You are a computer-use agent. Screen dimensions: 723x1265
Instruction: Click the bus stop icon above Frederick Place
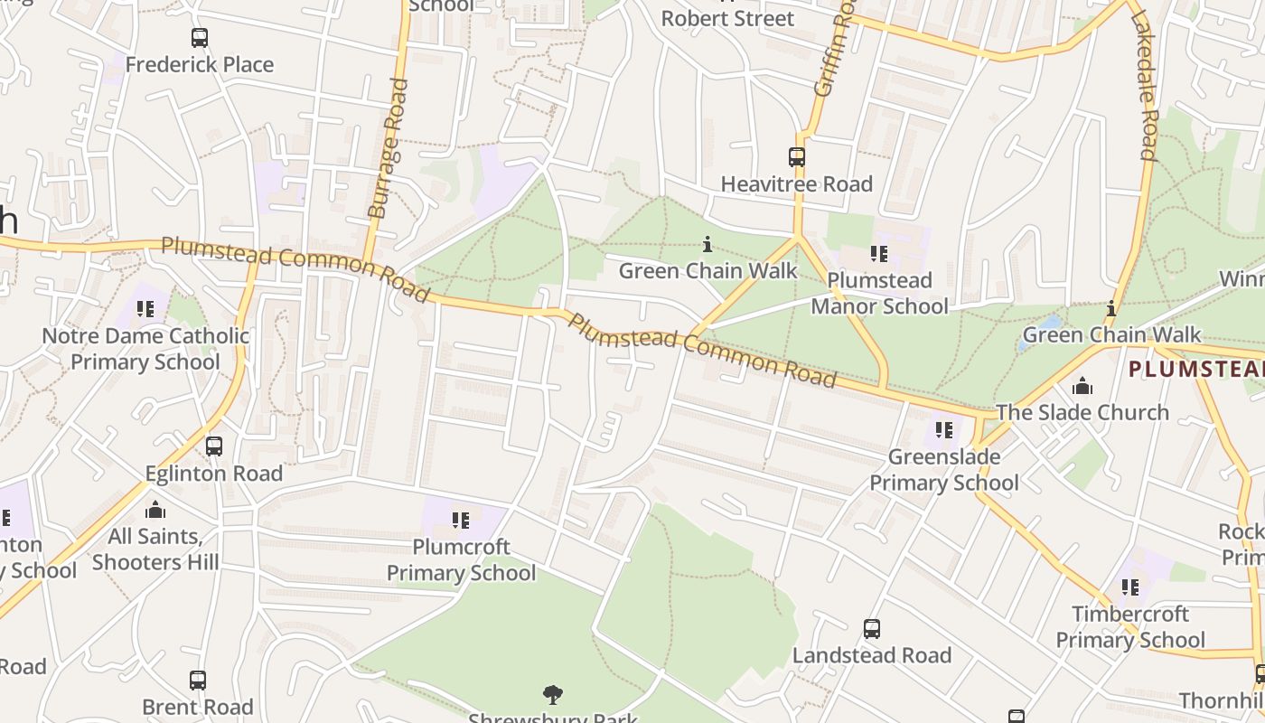[200, 38]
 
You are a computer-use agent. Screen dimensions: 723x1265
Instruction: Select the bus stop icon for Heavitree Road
[796, 157]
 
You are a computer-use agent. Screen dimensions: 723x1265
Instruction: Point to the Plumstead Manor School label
[879, 293]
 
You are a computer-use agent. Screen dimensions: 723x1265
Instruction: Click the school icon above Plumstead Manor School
[879, 254]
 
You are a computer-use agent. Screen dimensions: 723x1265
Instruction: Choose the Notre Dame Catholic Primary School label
[145, 349]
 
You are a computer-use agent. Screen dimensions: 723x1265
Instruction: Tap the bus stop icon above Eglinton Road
[214, 446]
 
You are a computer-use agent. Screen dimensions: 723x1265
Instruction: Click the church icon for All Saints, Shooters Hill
[155, 510]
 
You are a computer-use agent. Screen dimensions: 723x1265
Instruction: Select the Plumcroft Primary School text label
[461, 560]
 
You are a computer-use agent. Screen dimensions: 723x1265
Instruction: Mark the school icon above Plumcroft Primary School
[461, 521]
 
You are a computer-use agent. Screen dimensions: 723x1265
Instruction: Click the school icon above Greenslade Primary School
[944, 430]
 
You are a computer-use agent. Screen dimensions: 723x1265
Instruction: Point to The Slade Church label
[1082, 413]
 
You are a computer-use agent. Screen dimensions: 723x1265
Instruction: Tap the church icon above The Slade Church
[1082, 388]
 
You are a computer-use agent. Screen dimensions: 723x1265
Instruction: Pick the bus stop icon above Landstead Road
[872, 629]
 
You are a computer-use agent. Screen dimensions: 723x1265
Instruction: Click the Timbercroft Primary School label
[1130, 627]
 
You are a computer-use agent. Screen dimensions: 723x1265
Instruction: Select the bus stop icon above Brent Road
[198, 681]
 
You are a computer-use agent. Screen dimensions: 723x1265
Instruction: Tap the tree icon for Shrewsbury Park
[553, 695]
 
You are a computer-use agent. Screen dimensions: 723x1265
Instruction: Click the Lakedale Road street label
[1143, 86]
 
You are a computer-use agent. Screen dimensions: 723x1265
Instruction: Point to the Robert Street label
[727, 18]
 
